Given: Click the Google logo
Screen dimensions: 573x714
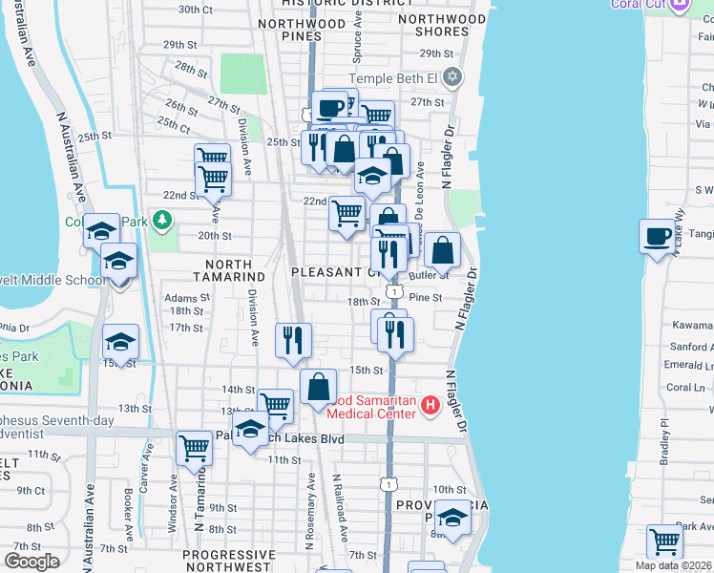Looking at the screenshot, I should coord(32,562).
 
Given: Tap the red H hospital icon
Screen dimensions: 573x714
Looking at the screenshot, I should coord(430,406).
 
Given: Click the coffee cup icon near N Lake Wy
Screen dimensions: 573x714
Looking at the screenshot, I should coord(657,236).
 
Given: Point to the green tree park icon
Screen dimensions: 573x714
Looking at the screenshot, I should coord(163,222).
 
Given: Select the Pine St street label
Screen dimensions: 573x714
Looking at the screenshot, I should coord(426,297).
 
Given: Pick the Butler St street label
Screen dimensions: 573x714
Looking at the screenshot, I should coord(429,275).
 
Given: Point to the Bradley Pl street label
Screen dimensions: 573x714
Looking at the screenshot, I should coord(664,440).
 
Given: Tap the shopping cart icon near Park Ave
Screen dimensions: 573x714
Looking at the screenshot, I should coord(664,541).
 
